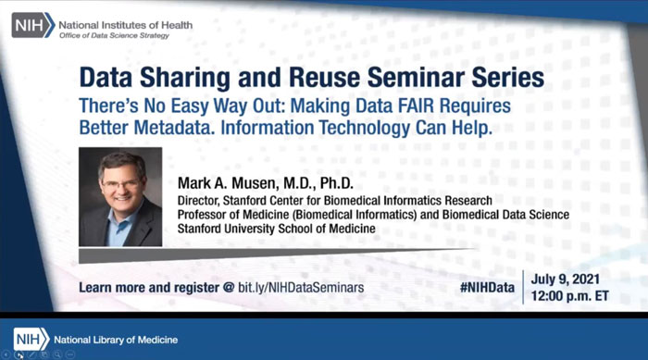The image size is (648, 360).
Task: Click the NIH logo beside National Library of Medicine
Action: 31,336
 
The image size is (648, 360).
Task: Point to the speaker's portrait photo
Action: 120,197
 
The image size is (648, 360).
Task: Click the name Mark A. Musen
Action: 233,182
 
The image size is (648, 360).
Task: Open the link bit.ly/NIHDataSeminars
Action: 300,288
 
